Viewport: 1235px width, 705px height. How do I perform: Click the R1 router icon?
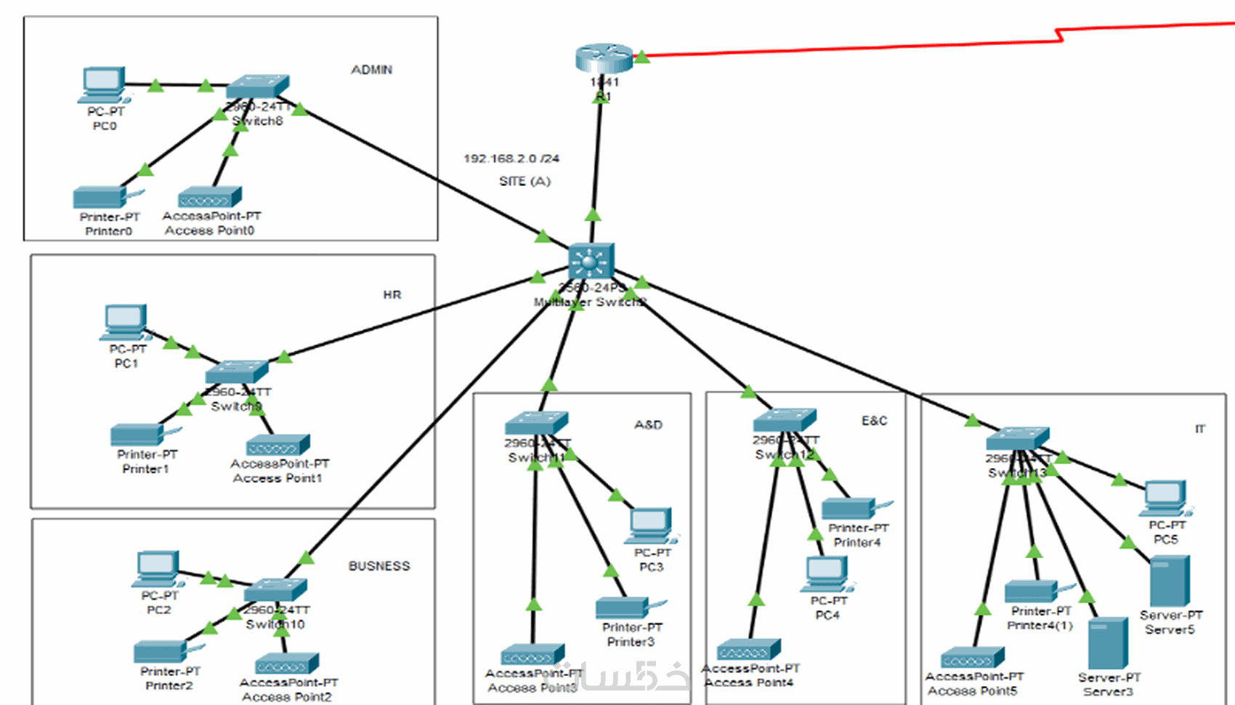click(x=604, y=57)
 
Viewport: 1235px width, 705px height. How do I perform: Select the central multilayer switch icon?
click(x=591, y=260)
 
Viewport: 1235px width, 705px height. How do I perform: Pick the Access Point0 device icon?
click(x=209, y=197)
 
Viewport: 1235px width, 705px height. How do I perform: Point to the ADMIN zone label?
click(x=371, y=70)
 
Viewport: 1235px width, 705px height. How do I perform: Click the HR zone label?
click(x=392, y=294)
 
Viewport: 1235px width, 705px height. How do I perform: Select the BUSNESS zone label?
click(x=378, y=565)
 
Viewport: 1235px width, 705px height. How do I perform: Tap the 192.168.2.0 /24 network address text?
click(x=511, y=158)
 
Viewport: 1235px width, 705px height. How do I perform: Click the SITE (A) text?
click(x=525, y=181)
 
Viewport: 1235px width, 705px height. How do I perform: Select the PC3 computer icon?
click(x=650, y=525)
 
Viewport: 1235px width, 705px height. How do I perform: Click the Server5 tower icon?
click(x=1169, y=581)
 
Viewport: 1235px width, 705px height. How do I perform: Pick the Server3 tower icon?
click(x=1108, y=643)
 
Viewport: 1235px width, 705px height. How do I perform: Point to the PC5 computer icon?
click(x=1165, y=499)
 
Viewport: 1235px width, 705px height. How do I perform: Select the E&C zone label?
click(x=874, y=421)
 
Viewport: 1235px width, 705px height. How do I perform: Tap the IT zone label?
click(x=1199, y=429)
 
